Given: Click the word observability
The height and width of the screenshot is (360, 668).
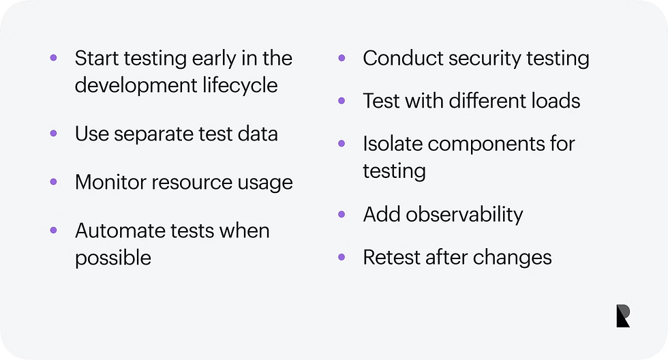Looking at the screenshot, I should (x=466, y=215).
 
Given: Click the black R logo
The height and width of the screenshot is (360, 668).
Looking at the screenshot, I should (x=623, y=316).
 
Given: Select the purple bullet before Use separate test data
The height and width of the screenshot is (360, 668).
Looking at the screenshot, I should (x=53, y=133).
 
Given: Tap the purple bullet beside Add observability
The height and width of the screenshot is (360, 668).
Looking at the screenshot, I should (x=342, y=214).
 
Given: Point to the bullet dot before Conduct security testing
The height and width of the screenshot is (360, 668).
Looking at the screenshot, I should (x=342, y=58).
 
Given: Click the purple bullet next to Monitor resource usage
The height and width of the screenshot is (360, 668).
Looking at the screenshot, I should (x=53, y=181).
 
